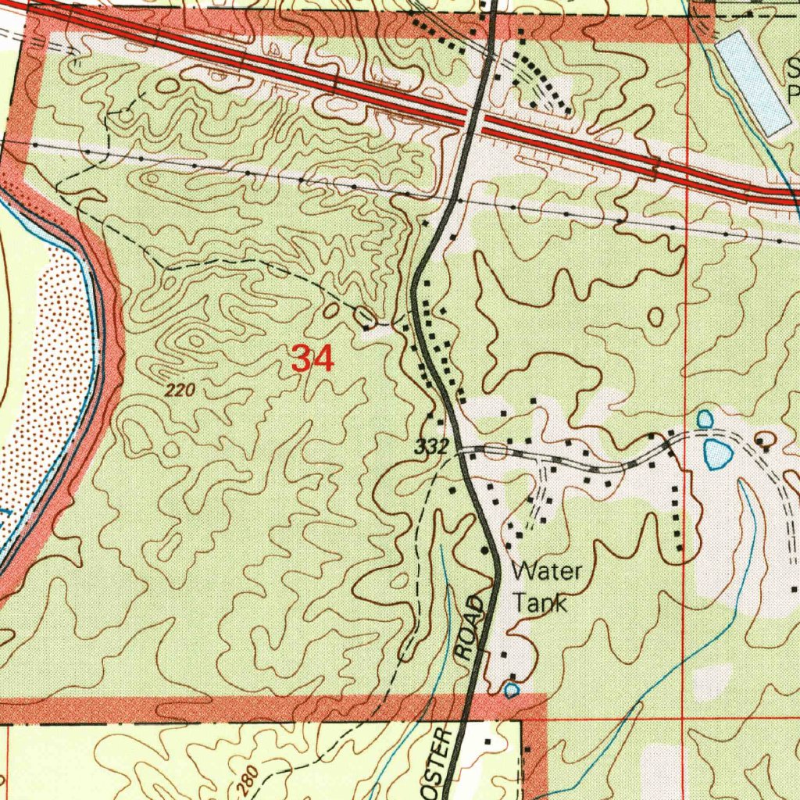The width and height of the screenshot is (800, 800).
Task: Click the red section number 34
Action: pos(312,359)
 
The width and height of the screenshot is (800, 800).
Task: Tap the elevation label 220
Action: pos(179,389)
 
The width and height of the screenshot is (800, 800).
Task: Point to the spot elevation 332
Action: pos(431,448)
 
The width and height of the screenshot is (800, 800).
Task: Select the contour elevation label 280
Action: pos(245,779)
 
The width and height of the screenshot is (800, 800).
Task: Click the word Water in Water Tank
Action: pos(547,571)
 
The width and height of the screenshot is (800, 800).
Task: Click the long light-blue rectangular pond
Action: pos(754,82)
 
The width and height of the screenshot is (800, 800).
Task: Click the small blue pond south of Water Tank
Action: pos(511,690)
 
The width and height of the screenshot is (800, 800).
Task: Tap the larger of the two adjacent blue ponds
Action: pos(716,454)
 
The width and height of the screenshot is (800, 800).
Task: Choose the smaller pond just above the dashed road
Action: pos(705,419)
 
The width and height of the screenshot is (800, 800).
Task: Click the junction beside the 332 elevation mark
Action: pos(461,450)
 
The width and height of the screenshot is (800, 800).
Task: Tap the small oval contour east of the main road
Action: pos(655,316)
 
